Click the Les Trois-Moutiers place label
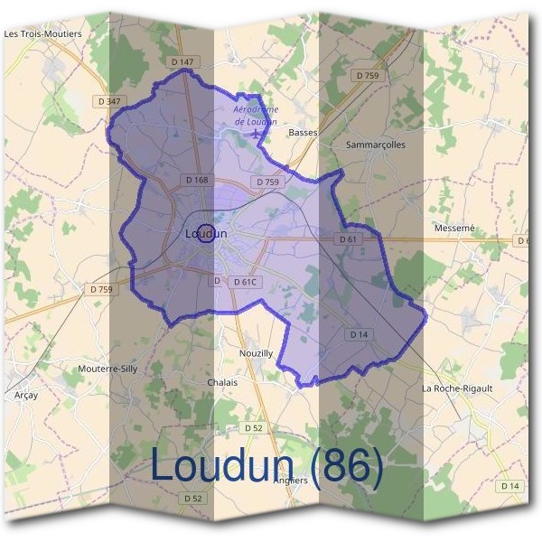pyautogui.click(x=42, y=33)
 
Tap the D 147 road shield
pyautogui.click(x=182, y=61)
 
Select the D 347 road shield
pyautogui.click(x=107, y=101)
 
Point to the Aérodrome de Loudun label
pyautogui.click(x=256, y=115)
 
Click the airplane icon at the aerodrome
pyautogui.click(x=258, y=133)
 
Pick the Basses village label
pyautogui.click(x=301, y=132)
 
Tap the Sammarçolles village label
pyautogui.click(x=376, y=144)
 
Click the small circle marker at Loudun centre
pyautogui.click(x=206, y=233)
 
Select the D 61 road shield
pyautogui.click(x=349, y=239)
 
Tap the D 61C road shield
pyautogui.click(x=247, y=282)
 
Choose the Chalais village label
pyautogui.click(x=222, y=382)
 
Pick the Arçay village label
pyautogui.click(x=27, y=395)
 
